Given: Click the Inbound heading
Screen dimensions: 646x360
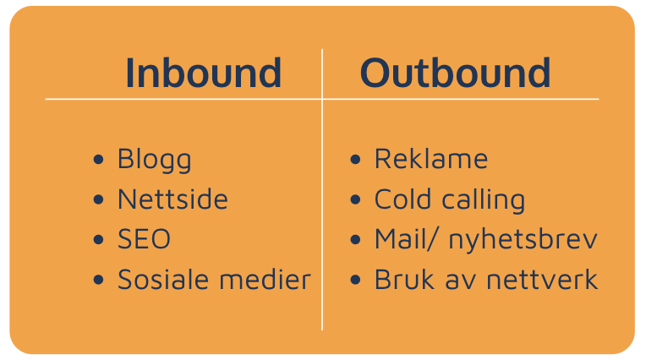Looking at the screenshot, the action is (x=203, y=73).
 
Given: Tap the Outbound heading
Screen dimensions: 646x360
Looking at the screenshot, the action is (x=455, y=73).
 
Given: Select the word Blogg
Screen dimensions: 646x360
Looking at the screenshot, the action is (x=155, y=161).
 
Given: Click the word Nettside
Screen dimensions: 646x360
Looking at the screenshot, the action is (x=172, y=199).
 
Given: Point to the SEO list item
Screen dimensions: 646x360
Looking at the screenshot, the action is (x=144, y=239).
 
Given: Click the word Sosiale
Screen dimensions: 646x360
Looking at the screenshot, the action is (x=163, y=279).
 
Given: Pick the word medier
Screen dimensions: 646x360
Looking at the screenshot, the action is (x=266, y=279).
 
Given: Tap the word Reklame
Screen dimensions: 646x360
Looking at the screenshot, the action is (x=431, y=159).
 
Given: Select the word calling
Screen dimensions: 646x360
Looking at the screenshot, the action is (x=484, y=200).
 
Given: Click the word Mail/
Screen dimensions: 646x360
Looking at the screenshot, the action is (x=404, y=239).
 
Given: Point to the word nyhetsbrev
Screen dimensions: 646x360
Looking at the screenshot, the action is (x=523, y=239).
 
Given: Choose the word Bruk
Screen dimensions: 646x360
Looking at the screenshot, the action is (x=404, y=279).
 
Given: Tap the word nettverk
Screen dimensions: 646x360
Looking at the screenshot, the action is (x=542, y=279).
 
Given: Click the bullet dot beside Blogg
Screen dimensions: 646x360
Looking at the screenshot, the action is (x=98, y=159).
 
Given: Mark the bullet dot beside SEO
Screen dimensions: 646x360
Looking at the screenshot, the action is (x=98, y=239).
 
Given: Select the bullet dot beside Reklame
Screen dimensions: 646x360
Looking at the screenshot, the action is (x=355, y=159).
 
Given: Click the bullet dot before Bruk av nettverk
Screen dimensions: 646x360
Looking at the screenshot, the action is (x=355, y=280).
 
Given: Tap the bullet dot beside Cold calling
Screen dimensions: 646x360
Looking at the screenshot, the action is (x=355, y=199).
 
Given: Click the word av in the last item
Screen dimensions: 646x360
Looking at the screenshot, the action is (x=461, y=282).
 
